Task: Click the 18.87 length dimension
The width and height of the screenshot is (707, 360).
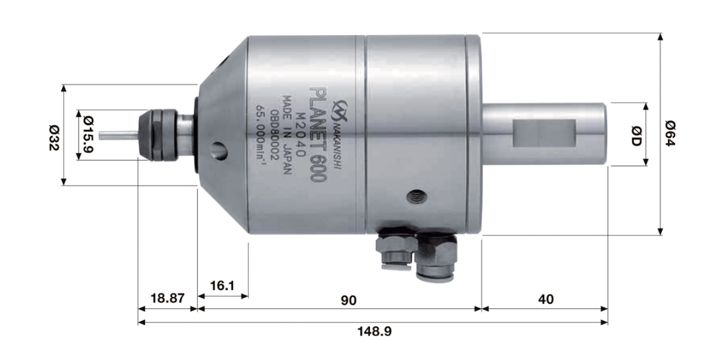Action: pyautogui.click(x=167, y=298)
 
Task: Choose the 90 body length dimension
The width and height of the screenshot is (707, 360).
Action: pyautogui.click(x=349, y=300)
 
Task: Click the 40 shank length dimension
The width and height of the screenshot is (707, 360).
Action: pyautogui.click(x=545, y=300)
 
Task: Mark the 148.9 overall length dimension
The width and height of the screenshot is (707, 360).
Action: pyautogui.click(x=374, y=331)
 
